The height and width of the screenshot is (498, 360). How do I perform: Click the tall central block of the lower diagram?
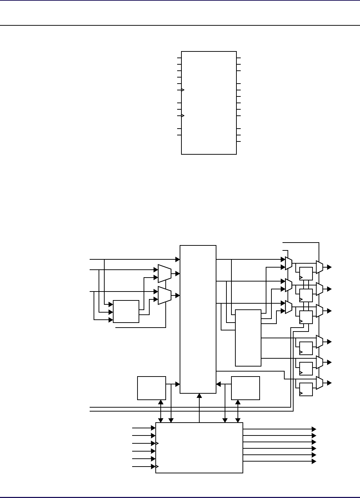(198, 319)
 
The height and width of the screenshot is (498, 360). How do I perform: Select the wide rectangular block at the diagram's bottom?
(199, 448)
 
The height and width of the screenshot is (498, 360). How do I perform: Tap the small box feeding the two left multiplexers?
(126, 312)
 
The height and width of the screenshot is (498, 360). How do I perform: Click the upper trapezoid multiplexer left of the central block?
(165, 273)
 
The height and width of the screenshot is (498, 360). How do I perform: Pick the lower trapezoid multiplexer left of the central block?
(165, 295)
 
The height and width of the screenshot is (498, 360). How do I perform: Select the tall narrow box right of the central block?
(248, 338)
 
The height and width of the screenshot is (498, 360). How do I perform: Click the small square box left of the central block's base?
(151, 388)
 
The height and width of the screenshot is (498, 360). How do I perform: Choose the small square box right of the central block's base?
(245, 388)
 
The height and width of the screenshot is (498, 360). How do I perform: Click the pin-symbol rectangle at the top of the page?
(209, 103)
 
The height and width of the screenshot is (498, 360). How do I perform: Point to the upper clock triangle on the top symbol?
(183, 90)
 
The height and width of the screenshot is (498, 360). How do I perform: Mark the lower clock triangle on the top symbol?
(183, 116)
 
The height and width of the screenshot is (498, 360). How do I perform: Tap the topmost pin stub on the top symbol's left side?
(179, 58)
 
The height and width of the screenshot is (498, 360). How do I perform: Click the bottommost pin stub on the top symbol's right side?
(239, 142)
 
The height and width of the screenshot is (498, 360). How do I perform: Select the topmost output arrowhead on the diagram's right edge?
(329, 267)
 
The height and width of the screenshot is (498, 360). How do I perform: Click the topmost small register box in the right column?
(306, 274)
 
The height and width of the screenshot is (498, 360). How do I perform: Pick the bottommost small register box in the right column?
(306, 389)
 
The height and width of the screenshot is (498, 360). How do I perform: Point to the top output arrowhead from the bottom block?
(314, 429)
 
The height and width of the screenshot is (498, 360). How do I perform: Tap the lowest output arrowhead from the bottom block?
(314, 462)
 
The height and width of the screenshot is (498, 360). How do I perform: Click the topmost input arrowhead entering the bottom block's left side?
(153, 428)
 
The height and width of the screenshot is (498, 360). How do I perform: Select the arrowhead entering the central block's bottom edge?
(199, 395)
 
